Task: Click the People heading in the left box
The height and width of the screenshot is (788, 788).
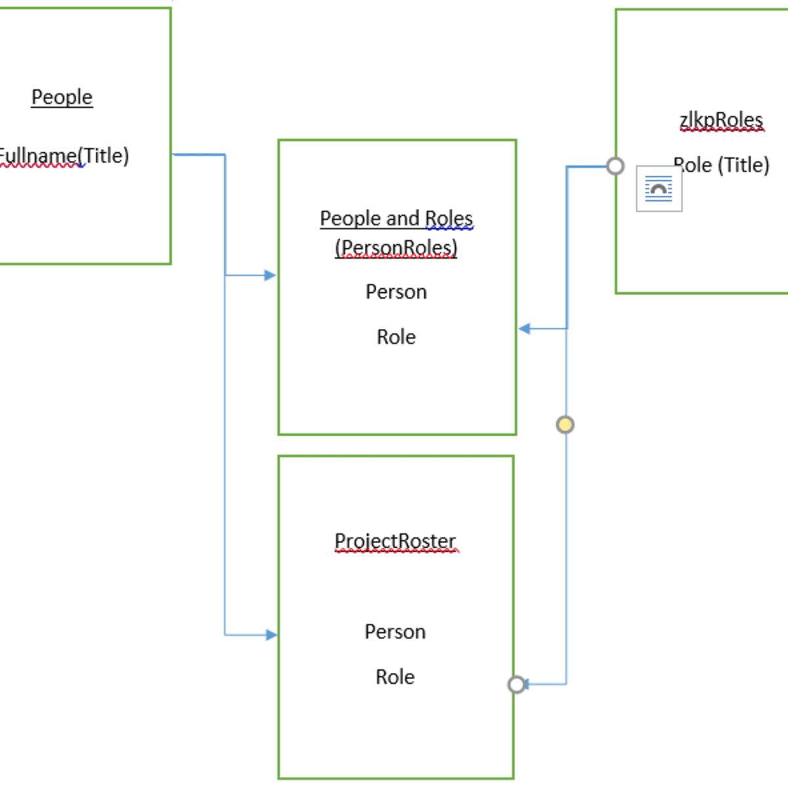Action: click(x=62, y=97)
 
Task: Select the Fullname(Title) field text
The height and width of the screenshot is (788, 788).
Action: click(x=64, y=156)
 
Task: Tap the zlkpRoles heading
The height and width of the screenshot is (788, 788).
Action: click(x=721, y=120)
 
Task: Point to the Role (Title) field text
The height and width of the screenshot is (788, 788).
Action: click(x=722, y=165)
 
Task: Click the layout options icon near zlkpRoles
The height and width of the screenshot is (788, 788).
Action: click(x=659, y=188)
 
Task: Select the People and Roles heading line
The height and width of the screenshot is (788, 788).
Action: click(x=396, y=218)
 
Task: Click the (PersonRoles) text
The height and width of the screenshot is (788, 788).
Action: click(x=396, y=248)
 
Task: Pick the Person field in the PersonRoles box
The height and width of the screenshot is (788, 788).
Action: click(x=396, y=292)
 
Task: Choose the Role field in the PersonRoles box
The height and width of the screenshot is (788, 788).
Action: click(x=396, y=337)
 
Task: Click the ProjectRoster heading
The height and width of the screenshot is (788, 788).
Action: click(x=395, y=541)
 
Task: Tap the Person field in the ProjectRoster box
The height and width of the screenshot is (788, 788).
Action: click(x=395, y=632)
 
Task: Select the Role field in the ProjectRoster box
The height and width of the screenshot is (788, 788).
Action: click(x=395, y=677)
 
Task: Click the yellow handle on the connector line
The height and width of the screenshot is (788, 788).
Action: click(x=565, y=425)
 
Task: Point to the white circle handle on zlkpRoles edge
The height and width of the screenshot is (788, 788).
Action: click(x=615, y=166)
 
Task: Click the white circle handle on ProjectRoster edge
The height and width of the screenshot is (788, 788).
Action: click(x=517, y=685)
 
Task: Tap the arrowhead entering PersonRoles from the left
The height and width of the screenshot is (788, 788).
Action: click(x=270, y=275)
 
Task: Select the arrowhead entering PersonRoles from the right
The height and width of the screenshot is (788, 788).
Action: click(x=525, y=328)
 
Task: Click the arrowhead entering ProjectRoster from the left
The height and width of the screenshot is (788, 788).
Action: click(x=271, y=635)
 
